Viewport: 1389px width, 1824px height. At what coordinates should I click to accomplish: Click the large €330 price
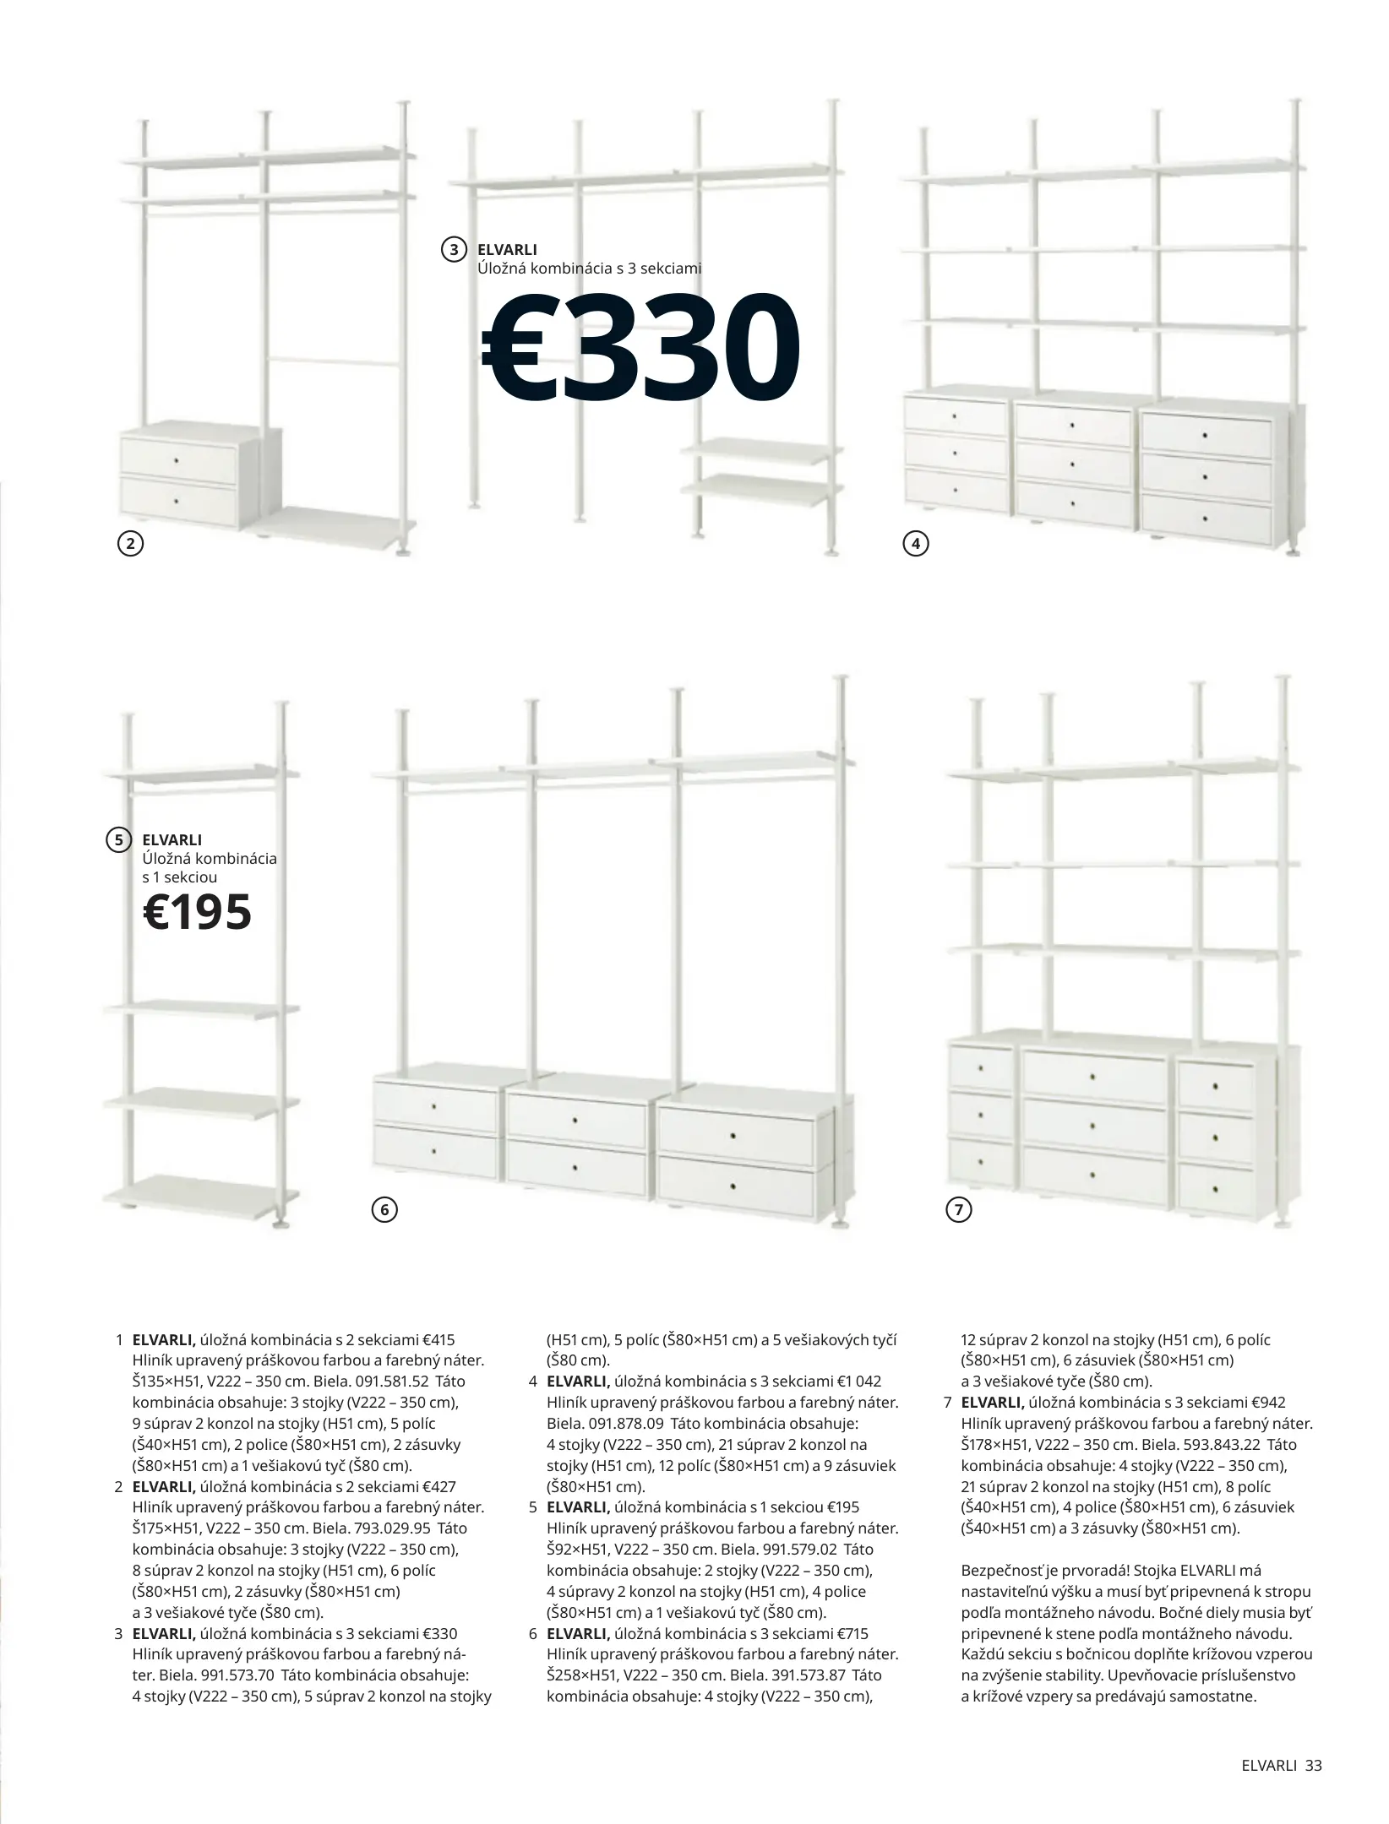tap(640, 348)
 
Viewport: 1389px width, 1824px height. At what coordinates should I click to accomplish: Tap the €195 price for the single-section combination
tap(198, 911)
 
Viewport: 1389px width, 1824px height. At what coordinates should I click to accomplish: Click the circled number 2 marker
tap(129, 545)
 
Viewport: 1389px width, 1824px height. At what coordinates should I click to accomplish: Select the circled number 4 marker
tap(916, 545)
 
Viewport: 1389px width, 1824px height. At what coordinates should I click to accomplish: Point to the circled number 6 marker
tap(384, 1209)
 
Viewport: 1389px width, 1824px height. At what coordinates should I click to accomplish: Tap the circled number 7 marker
tap(958, 1209)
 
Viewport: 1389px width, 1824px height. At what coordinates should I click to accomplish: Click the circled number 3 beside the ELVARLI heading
tap(454, 249)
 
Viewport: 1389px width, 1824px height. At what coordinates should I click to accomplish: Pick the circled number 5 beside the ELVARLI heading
tap(119, 839)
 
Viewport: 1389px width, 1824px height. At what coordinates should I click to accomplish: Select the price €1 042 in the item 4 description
tap(858, 1405)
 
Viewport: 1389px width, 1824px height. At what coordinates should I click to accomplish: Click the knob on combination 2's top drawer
tap(177, 460)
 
